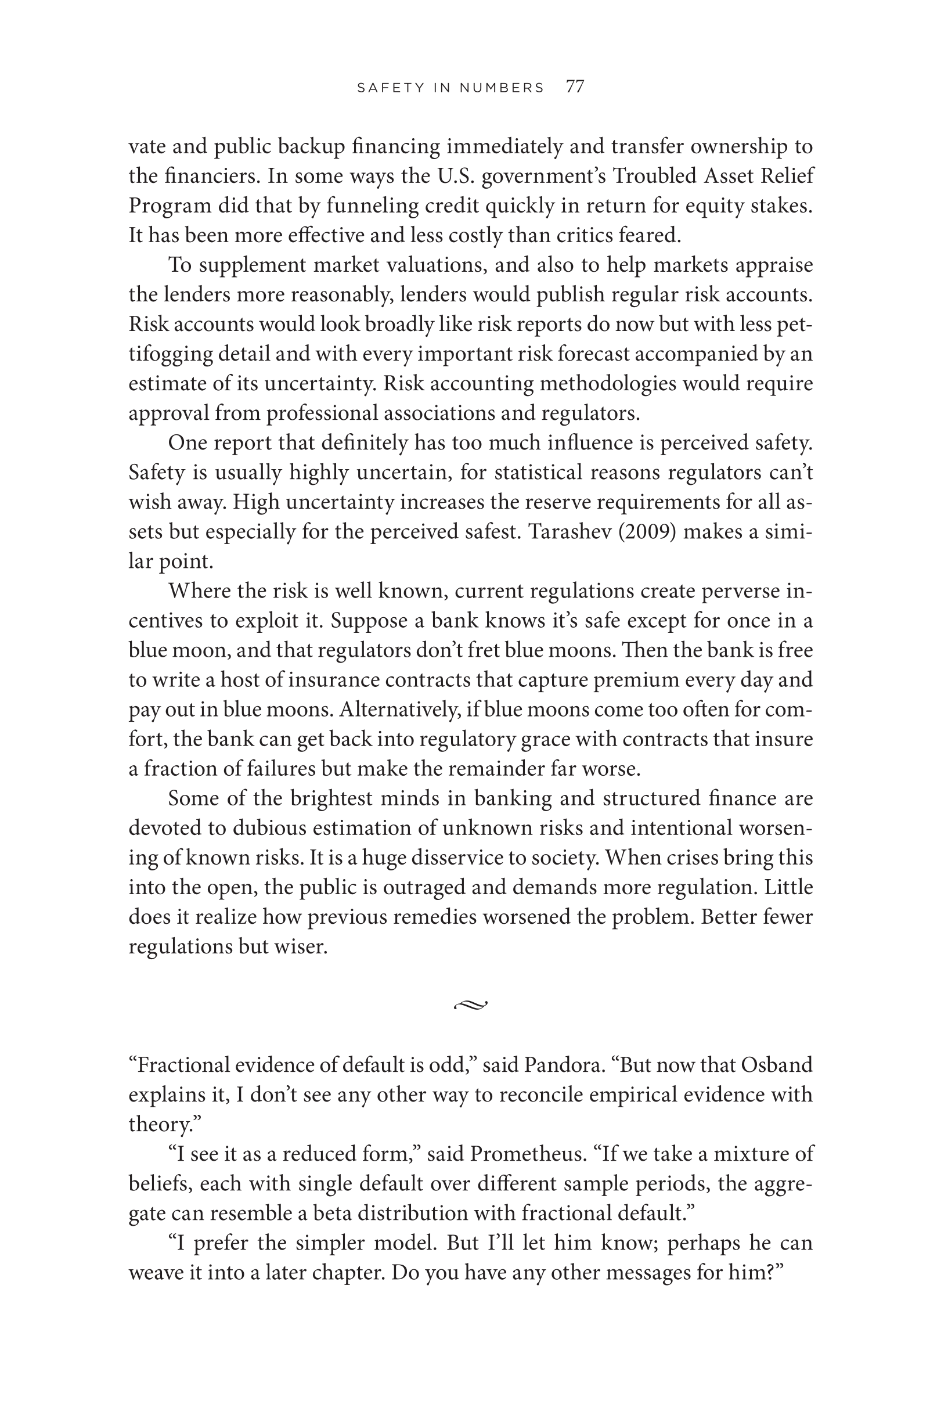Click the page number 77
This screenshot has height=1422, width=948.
(x=575, y=87)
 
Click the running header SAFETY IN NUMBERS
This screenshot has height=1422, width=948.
(x=450, y=88)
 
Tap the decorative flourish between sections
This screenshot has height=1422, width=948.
(x=470, y=1005)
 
